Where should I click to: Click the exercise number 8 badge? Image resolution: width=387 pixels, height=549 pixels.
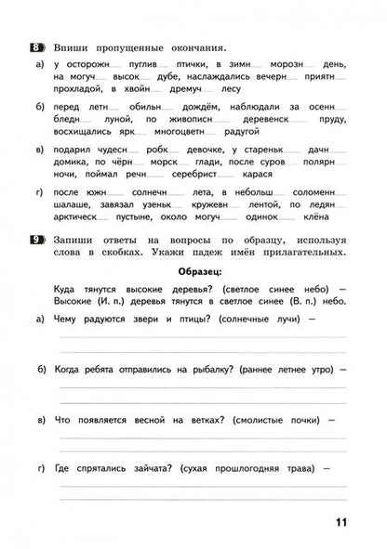pyautogui.click(x=37, y=46)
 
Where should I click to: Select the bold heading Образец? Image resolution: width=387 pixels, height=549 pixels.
pyautogui.click(x=198, y=271)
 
